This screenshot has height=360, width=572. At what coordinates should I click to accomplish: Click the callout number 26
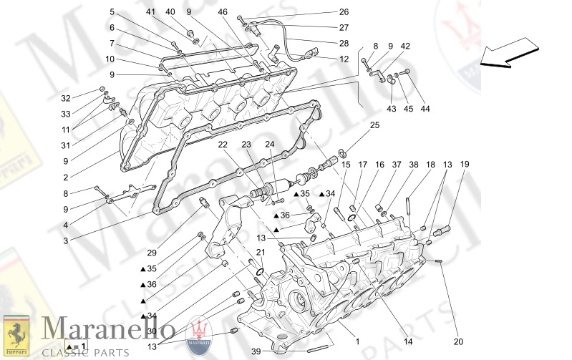pyautogui.click(x=344, y=12)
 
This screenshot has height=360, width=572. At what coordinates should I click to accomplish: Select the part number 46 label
pyautogui.click(x=223, y=12)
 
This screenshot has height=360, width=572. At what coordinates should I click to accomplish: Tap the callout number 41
pyautogui.click(x=150, y=12)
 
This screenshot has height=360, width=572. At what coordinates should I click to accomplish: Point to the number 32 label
pyautogui.click(x=66, y=99)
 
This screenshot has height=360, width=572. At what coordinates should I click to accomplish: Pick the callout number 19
pyautogui.click(x=465, y=165)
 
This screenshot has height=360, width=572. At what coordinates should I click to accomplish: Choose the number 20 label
pyautogui.click(x=458, y=341)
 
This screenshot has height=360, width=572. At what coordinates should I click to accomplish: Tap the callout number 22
pyautogui.click(x=223, y=145)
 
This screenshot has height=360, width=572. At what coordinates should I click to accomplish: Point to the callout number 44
pyautogui.click(x=425, y=109)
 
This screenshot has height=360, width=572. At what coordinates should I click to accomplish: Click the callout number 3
pyautogui.click(x=65, y=241)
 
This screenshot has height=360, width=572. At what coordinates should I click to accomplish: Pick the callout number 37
pyautogui.click(x=395, y=165)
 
